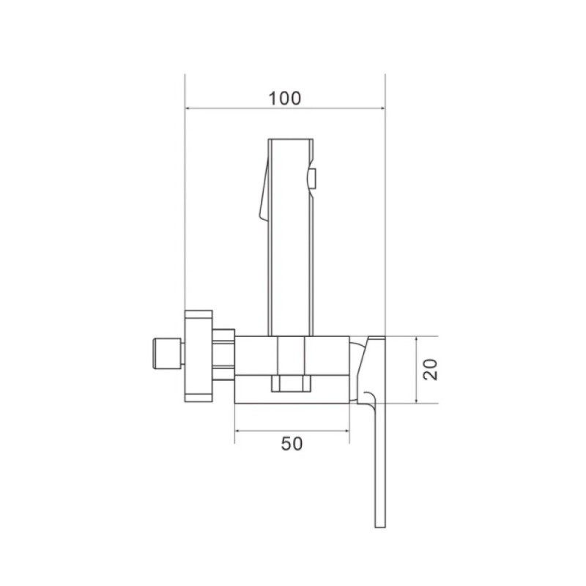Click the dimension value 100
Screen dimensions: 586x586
285,98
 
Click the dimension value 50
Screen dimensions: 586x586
292,444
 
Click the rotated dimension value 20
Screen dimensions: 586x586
430,370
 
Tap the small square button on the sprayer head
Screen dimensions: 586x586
314,178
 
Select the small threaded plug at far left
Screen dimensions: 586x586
168,354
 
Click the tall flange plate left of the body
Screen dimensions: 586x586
199,356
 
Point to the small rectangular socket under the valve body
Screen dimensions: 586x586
291,383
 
